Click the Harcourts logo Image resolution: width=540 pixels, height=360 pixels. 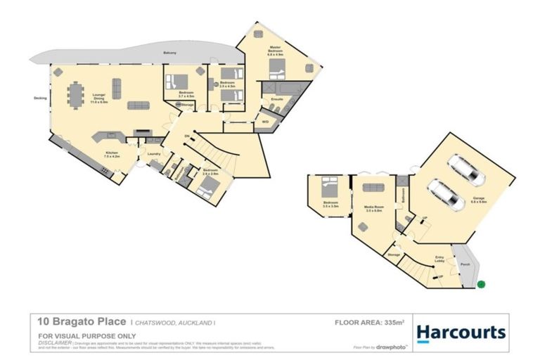(x=461, y=332)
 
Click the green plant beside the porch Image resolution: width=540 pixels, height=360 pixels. (x=482, y=285)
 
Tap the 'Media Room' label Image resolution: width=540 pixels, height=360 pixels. (x=372, y=208)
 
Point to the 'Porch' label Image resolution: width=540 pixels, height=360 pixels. (x=465, y=264)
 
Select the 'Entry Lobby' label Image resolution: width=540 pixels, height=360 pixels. (x=440, y=260)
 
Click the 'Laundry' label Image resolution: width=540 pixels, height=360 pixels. (x=155, y=153)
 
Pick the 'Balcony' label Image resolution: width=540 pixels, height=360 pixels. (x=169, y=52)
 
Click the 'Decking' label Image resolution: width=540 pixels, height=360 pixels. (x=40, y=98)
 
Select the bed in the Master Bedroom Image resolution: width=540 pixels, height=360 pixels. (x=277, y=69)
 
